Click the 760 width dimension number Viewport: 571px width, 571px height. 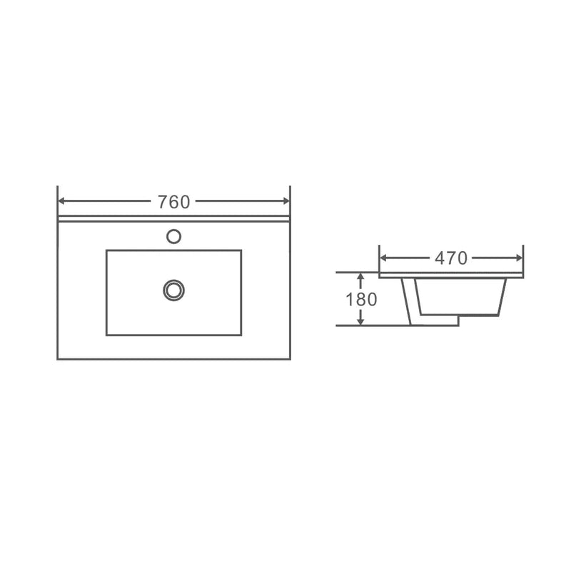point(173,202)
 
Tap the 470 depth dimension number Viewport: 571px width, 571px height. point(451,258)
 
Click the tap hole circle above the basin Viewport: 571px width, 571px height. point(173,236)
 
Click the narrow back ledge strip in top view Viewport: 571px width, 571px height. point(173,219)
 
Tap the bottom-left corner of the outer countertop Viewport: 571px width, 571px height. point(58,360)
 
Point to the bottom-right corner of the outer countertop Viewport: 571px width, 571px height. point(290,360)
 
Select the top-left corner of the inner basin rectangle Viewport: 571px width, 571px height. point(106,251)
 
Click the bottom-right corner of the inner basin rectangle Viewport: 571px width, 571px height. point(241,335)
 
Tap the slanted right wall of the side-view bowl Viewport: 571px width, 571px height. point(502,295)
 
